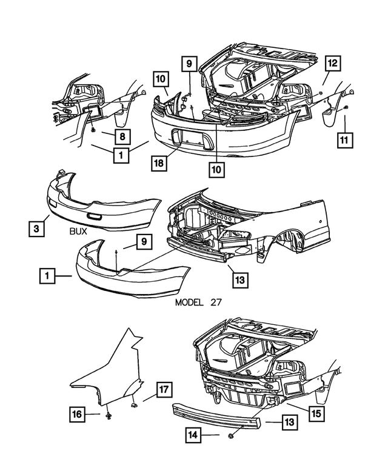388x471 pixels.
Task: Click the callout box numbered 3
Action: [36, 229]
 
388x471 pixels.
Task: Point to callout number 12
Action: [333, 63]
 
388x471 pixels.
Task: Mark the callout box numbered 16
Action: [76, 415]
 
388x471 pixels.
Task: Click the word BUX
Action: [78, 231]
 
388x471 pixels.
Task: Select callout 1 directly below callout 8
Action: [121, 155]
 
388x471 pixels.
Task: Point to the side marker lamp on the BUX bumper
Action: [95, 216]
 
